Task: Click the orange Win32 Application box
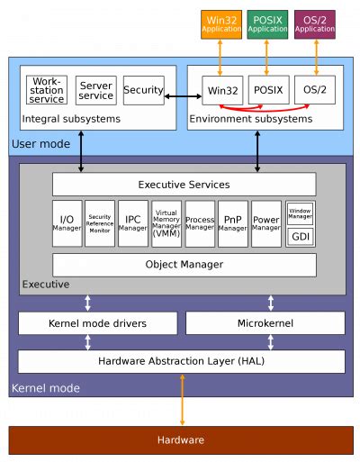click(x=221, y=23)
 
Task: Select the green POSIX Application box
click(x=268, y=23)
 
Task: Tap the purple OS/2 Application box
click(x=315, y=23)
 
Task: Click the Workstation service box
click(x=47, y=90)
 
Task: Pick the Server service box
click(x=95, y=90)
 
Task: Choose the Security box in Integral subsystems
click(x=143, y=90)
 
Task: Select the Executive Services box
click(x=184, y=185)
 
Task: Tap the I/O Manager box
click(x=67, y=223)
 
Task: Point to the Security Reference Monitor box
click(x=100, y=223)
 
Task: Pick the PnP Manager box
click(x=232, y=223)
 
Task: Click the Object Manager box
click(x=184, y=265)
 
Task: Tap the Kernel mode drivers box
click(x=97, y=322)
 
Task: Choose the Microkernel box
click(x=265, y=322)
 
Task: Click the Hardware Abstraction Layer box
click(x=181, y=361)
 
